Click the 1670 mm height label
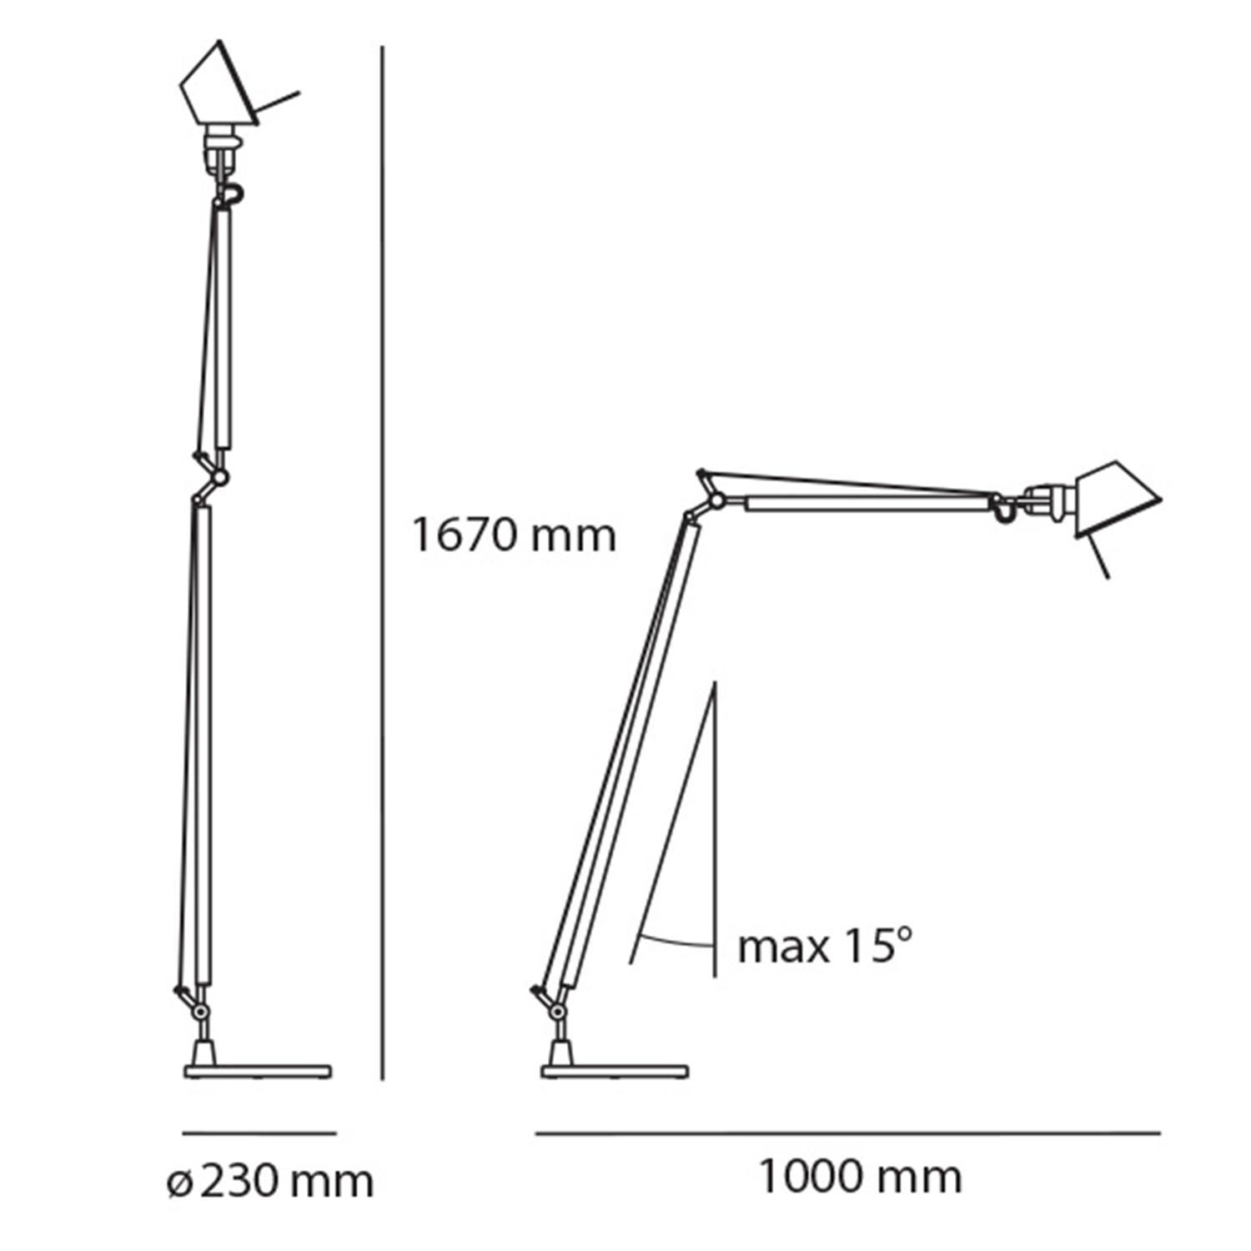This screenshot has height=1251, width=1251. tap(514, 535)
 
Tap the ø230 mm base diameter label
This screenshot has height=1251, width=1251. tap(270, 1181)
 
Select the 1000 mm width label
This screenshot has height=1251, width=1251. tap(860, 1177)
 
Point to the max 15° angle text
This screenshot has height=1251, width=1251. tap(825, 947)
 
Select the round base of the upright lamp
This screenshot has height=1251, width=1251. tap(258, 1072)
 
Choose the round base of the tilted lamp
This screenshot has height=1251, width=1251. tap(615, 1072)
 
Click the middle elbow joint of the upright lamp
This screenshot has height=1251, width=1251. tap(219, 478)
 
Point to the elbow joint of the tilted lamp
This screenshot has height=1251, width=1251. tap(716, 501)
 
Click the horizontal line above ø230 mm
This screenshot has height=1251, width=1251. tap(259, 1133)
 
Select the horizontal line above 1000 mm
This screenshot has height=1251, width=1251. tap(847, 1133)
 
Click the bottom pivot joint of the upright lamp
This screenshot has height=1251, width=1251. tap(200, 1011)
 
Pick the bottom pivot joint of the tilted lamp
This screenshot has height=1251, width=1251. tap(556, 1011)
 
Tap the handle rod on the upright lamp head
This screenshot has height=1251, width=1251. tap(278, 103)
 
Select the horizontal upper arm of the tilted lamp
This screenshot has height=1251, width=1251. tap(867, 504)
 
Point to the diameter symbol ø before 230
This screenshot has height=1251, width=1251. tap(179, 1183)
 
